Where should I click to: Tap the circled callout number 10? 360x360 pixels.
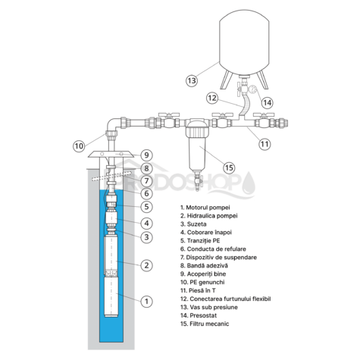click(79, 145)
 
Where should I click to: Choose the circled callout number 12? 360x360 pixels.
click(213, 97)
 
